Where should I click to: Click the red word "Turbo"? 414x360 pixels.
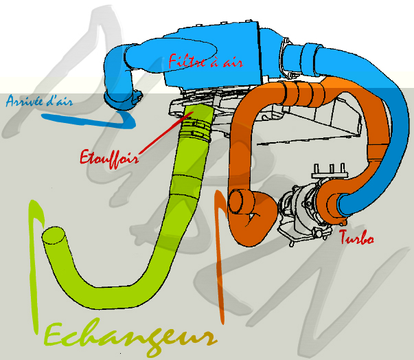[356, 239]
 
